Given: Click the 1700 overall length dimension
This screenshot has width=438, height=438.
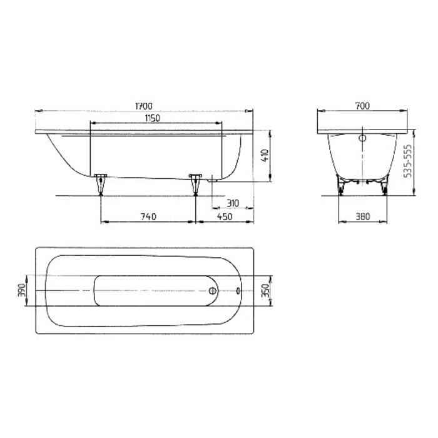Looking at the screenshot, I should click(x=144, y=106).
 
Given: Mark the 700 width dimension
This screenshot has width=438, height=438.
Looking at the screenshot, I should click(x=362, y=106).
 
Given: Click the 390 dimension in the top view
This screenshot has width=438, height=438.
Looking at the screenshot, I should click(x=21, y=291).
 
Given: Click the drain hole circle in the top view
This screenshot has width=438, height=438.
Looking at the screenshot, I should click(x=213, y=291).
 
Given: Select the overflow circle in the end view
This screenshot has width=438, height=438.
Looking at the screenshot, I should click(x=361, y=140).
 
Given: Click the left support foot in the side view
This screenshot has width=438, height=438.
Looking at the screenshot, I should click(x=100, y=184).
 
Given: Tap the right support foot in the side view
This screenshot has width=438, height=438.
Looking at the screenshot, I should click(x=196, y=184).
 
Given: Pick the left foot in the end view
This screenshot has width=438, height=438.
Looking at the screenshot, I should click(x=341, y=186).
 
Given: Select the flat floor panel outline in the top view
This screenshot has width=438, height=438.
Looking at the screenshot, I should click(x=153, y=291).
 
